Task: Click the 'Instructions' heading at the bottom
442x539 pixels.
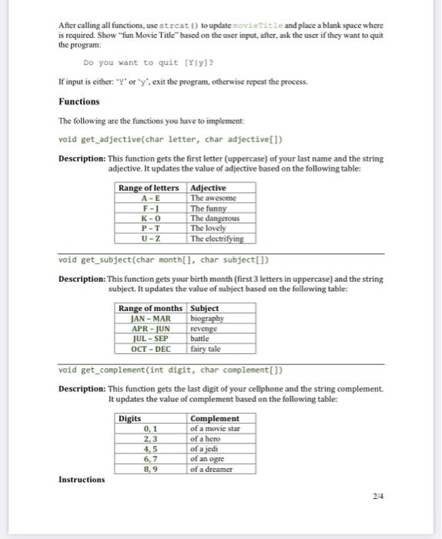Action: click(82, 479)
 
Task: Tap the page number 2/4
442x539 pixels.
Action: click(377, 497)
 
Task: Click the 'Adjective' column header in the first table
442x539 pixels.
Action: click(208, 188)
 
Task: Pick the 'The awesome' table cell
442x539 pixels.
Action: click(213, 198)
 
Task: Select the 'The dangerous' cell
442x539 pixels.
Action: click(215, 219)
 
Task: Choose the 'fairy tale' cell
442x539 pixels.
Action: click(206, 348)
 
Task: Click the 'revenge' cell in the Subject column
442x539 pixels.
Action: click(204, 328)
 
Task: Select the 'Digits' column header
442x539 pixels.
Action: click(130, 418)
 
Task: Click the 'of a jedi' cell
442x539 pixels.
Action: click(205, 449)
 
